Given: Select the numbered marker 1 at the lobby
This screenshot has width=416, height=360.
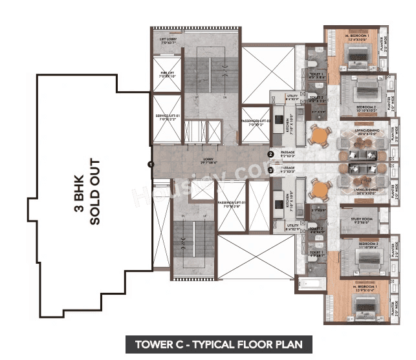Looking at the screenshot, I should point(150,165).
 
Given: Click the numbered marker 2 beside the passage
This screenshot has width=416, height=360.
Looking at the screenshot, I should point(270,154).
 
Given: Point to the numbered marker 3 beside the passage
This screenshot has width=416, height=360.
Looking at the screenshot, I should point(270,171).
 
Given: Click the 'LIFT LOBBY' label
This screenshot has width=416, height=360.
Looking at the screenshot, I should point(168,40).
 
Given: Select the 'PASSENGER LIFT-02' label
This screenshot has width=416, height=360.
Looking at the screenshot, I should point(256,122).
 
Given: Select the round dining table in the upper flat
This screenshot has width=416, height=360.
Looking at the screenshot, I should point(318,136).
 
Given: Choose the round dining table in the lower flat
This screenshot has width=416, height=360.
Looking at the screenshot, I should point(318,190).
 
